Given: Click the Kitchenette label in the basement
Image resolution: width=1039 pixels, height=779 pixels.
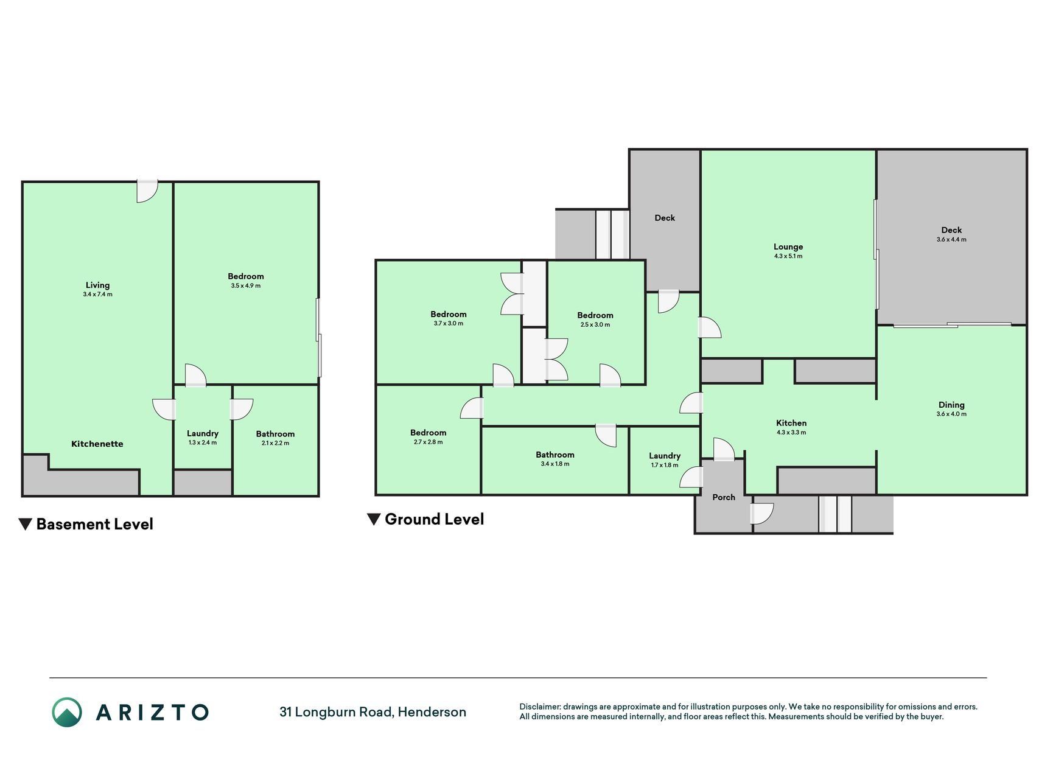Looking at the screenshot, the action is [97, 444].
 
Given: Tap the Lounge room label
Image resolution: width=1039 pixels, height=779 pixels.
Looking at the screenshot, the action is [788, 246].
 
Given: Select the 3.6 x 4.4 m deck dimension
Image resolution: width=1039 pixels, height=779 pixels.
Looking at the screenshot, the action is [951, 239].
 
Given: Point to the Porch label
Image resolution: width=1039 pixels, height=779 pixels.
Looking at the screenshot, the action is [724, 497].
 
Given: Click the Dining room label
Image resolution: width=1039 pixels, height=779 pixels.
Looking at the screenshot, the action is [951, 405].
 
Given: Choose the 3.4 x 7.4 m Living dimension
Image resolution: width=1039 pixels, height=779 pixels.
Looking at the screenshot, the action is [97, 294].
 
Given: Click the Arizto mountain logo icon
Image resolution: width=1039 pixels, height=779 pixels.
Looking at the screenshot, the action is [66, 712].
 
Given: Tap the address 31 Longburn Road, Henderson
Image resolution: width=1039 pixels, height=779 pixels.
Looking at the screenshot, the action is [373, 712].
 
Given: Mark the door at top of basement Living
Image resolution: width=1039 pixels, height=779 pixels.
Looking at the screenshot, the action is [147, 191].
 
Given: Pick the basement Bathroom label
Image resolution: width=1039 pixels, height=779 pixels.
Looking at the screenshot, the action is [275, 434].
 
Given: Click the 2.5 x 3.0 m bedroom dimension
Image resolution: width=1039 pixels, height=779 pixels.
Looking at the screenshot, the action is [595, 324].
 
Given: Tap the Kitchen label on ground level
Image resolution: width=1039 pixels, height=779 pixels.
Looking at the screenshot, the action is [791, 423].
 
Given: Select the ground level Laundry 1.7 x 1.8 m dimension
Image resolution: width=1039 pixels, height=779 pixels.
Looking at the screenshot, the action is [665, 465].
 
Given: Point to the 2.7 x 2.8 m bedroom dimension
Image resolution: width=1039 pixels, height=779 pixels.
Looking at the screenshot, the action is [428, 442].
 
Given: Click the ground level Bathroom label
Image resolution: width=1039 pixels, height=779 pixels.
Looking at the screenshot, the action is [555, 455].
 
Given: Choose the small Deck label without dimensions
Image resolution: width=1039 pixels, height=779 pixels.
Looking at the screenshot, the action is [665, 218].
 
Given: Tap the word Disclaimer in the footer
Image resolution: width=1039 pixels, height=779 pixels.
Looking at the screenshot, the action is [540, 707].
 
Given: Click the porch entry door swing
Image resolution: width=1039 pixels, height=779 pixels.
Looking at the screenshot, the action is [762, 514].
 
